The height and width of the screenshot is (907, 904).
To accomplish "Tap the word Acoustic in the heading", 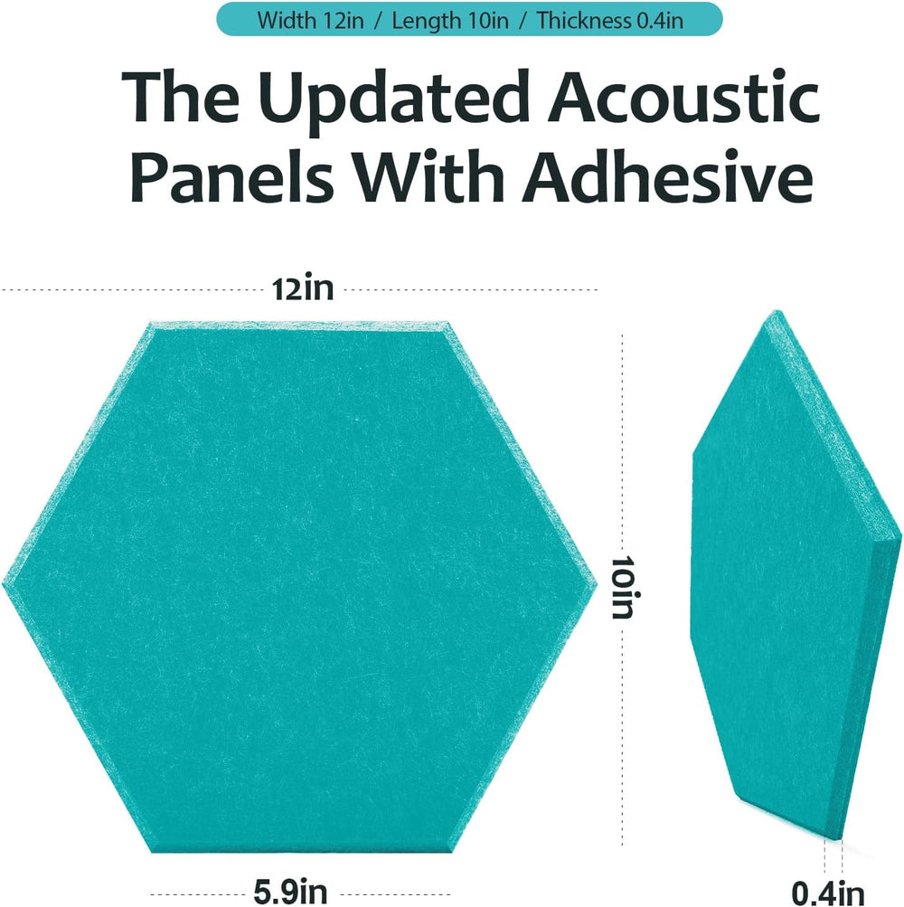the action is (x=683, y=96).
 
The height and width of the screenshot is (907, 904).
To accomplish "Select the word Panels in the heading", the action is (x=232, y=175).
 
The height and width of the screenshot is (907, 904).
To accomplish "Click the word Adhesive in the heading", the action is (x=668, y=175).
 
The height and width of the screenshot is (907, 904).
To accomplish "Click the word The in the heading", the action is (x=181, y=96).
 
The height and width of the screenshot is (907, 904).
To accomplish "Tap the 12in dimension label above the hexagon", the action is (x=303, y=288).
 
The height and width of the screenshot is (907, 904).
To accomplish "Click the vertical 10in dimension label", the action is (x=623, y=588).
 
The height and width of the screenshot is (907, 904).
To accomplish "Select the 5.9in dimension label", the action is (x=291, y=892).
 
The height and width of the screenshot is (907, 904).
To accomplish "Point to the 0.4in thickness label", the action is (x=828, y=893).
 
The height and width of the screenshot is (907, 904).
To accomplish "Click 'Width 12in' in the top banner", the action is (x=311, y=21).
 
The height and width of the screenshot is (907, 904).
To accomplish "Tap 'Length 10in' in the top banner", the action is (x=450, y=21).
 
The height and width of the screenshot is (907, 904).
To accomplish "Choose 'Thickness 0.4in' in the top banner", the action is (x=609, y=21).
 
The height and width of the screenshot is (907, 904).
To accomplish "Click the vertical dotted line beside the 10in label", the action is (x=623, y=590).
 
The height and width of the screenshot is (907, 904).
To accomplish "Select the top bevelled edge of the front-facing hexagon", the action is (x=299, y=325).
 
